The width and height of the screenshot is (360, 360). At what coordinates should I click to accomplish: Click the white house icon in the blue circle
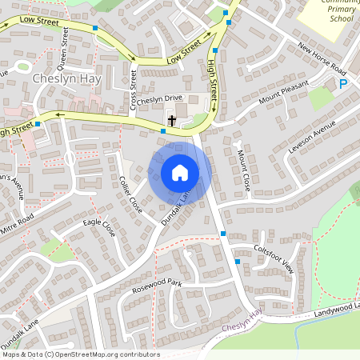pyautogui.click(x=180, y=173)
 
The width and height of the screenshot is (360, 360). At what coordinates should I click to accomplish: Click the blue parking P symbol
pyautogui.click(x=343, y=84)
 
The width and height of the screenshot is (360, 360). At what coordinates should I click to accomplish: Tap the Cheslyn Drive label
pyautogui.click(x=160, y=100)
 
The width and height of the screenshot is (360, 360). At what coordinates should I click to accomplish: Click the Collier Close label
pyautogui.click(x=130, y=194)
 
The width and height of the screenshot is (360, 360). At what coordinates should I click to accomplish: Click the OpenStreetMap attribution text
pyautogui.click(x=80, y=354)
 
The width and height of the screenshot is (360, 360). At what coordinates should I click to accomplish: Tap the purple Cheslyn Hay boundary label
pyautogui.click(x=242, y=327)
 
